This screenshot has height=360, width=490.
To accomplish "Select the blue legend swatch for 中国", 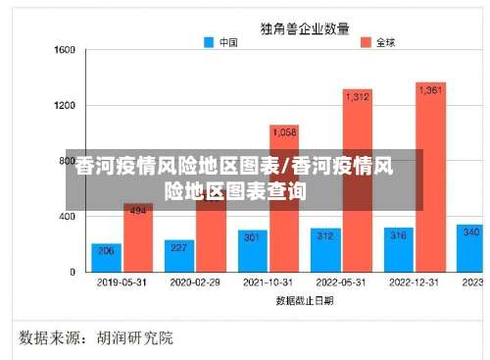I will pos(209,42).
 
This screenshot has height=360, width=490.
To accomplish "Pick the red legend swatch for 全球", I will pos(367,42).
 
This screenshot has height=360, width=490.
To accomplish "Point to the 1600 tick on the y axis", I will pos(65,49).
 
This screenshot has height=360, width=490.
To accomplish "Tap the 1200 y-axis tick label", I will pos(65,104).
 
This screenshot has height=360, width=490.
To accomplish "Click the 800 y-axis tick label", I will pos(68,160).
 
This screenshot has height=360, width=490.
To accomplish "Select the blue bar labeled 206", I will pos(106,257).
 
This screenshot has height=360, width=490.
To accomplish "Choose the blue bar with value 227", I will pos(179,255).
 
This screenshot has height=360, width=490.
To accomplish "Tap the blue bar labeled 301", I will pos(252,251).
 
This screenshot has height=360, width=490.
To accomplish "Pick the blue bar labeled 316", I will pos(398,249).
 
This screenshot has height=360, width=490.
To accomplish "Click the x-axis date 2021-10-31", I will pos(268,283).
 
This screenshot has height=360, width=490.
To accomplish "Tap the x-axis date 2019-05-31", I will pos(122,283).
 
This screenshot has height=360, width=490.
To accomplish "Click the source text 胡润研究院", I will pos(134,338).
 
